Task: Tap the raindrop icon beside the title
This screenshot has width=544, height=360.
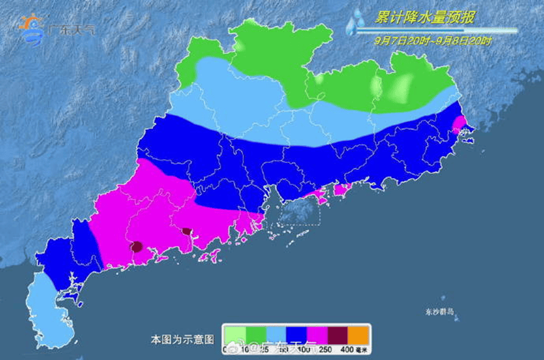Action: pyautogui.click(x=355, y=23)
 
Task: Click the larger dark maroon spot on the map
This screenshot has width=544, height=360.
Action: pyautogui.click(x=136, y=247)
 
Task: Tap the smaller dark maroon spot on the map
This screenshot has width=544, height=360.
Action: pyautogui.click(x=186, y=231)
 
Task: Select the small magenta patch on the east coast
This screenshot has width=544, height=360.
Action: pyautogui.click(x=459, y=122)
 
